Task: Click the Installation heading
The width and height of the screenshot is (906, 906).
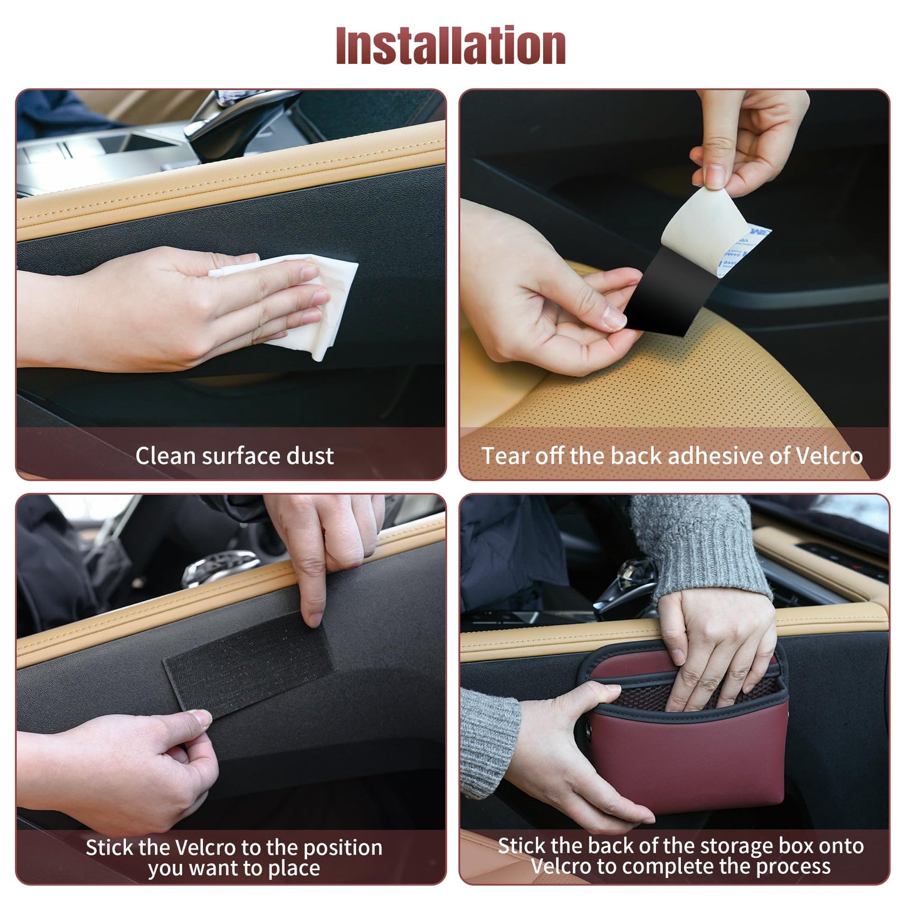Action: point(450,45)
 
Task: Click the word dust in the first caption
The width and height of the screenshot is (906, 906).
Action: point(310,456)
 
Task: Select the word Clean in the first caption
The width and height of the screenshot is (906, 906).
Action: point(165,456)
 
